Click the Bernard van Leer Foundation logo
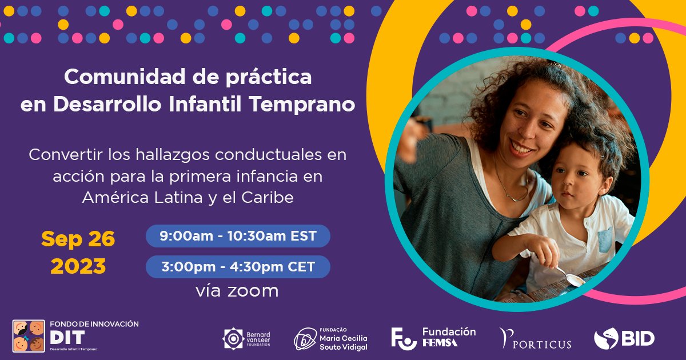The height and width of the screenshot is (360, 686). pyautogui.click(x=246, y=339)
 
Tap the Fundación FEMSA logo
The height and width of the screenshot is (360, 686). pyautogui.click(x=433, y=338)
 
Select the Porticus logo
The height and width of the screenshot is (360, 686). pyautogui.click(x=536, y=339)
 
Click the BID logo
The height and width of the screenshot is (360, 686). pyautogui.click(x=624, y=339)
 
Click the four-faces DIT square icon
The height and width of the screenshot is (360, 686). pyautogui.click(x=29, y=336)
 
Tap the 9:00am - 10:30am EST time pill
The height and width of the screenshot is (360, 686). pyautogui.click(x=238, y=236)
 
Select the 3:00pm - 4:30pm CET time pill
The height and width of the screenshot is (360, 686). pyautogui.click(x=238, y=267)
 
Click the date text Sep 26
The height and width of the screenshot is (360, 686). pyautogui.click(x=78, y=239)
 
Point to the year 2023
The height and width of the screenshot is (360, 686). pyautogui.click(x=78, y=266)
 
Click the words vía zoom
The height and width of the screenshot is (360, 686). pyautogui.click(x=237, y=291)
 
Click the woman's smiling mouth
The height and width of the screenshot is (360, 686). pyautogui.click(x=521, y=148)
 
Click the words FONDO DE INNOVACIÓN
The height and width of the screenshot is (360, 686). pyautogui.click(x=94, y=323)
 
